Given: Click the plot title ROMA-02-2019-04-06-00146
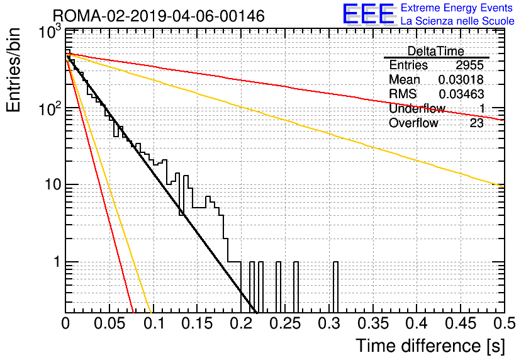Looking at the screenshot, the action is click(159, 16).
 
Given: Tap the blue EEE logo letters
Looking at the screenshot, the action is click(368, 14).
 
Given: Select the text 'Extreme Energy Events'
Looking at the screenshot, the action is click(457, 8).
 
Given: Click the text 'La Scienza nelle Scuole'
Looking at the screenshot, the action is click(457, 21).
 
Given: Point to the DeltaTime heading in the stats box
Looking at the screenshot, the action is click(435, 51).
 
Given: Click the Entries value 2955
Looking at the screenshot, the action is click(469, 65).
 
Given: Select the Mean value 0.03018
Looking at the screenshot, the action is click(461, 79).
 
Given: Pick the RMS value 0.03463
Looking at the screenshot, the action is click(461, 94).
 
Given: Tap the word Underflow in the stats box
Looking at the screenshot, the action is click(417, 108).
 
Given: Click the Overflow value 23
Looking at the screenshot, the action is click(476, 123).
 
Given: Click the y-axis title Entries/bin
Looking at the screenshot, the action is click(13, 70).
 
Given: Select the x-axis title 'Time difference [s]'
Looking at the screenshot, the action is click(430, 346).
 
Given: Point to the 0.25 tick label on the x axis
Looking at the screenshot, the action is click(285, 323).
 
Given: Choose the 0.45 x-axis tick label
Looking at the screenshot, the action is click(461, 323).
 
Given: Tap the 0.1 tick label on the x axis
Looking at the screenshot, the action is click(154, 323).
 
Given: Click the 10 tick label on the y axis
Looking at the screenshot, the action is click(53, 184).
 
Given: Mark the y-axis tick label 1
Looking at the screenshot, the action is click(57, 262).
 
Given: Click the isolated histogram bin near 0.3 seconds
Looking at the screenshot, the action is click(335, 287).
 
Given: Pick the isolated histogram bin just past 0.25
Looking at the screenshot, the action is click(296, 287).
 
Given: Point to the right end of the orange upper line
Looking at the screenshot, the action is click(504, 186).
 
